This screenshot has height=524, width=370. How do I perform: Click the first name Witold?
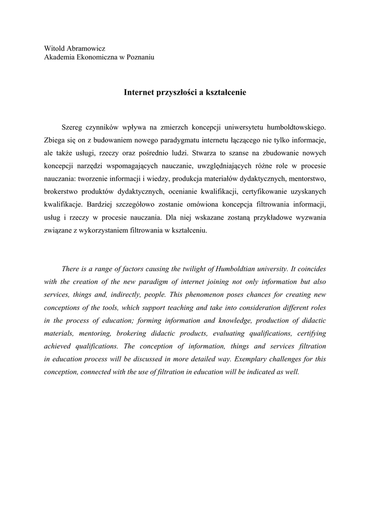tap(55, 49)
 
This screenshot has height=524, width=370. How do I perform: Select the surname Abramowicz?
tap(86, 49)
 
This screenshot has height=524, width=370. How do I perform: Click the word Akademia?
tap(60, 58)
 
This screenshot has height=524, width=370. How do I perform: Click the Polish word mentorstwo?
tap(308, 179)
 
